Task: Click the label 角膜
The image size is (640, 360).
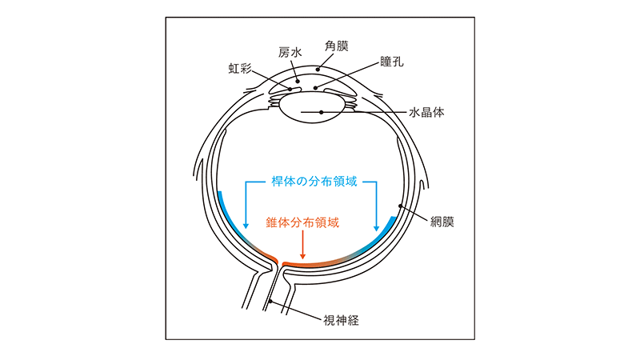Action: pos(336,47)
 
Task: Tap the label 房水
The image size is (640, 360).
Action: pos(290,53)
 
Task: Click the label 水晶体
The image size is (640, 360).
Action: pos(426,113)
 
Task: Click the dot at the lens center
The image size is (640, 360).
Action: pos(321,113)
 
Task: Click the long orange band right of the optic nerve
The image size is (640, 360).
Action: pos(320,262)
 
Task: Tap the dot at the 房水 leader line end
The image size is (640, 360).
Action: pos(298,80)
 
